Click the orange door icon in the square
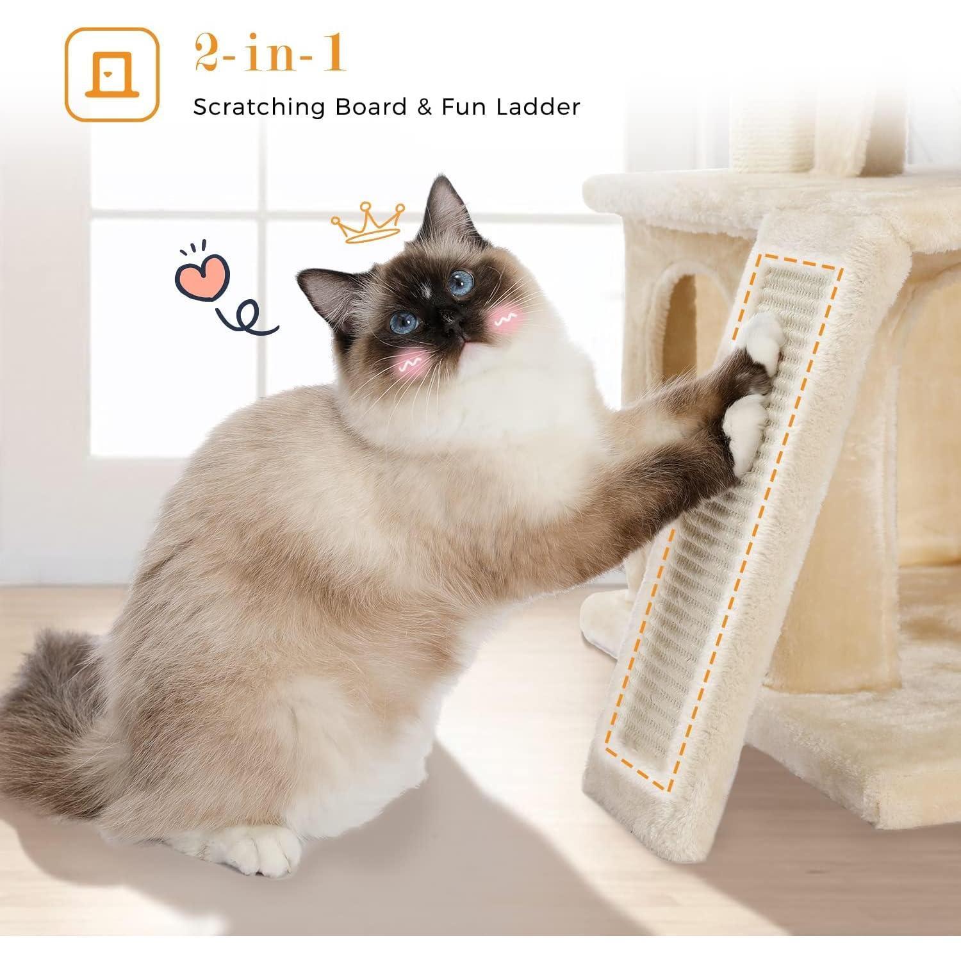[113, 74]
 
